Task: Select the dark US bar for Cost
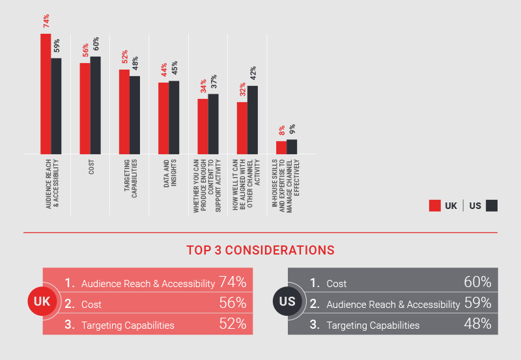pos(96,105)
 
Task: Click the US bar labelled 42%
pos(253,120)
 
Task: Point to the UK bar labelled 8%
pos(281,147)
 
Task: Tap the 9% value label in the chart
pos(292,130)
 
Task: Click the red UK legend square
pos(434,206)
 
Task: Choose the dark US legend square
pos(492,206)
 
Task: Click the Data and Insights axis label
pos(170,173)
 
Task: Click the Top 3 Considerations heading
pos(260,250)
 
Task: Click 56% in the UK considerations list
pos(232,303)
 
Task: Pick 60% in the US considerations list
pos(477,283)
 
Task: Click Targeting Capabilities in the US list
pos(373,325)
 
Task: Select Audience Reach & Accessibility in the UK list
pos(148,283)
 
